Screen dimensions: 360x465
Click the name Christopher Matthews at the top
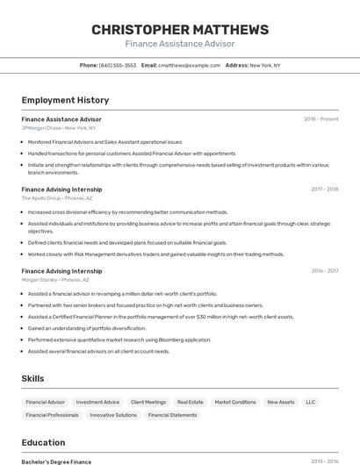180,30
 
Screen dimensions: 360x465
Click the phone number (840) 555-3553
118,65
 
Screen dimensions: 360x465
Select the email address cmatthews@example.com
189,65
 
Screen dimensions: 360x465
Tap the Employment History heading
65,100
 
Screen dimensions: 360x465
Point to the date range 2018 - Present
320,119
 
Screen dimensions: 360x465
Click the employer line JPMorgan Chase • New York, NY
59,128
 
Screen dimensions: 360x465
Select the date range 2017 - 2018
324,189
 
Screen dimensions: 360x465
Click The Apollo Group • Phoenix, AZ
56,198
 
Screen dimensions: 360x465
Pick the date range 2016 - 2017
324,271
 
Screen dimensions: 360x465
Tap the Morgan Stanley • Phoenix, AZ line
56,280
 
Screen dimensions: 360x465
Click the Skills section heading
33,378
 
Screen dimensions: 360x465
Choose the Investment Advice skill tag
97,402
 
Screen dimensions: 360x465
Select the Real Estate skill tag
191,402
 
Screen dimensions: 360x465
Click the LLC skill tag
310,402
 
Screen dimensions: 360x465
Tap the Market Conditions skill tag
235,402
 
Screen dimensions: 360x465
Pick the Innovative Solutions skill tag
113,415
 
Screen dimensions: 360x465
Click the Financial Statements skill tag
172,415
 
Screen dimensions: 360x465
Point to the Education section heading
43,442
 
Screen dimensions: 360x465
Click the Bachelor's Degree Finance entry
56,461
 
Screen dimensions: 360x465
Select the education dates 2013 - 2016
324,461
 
